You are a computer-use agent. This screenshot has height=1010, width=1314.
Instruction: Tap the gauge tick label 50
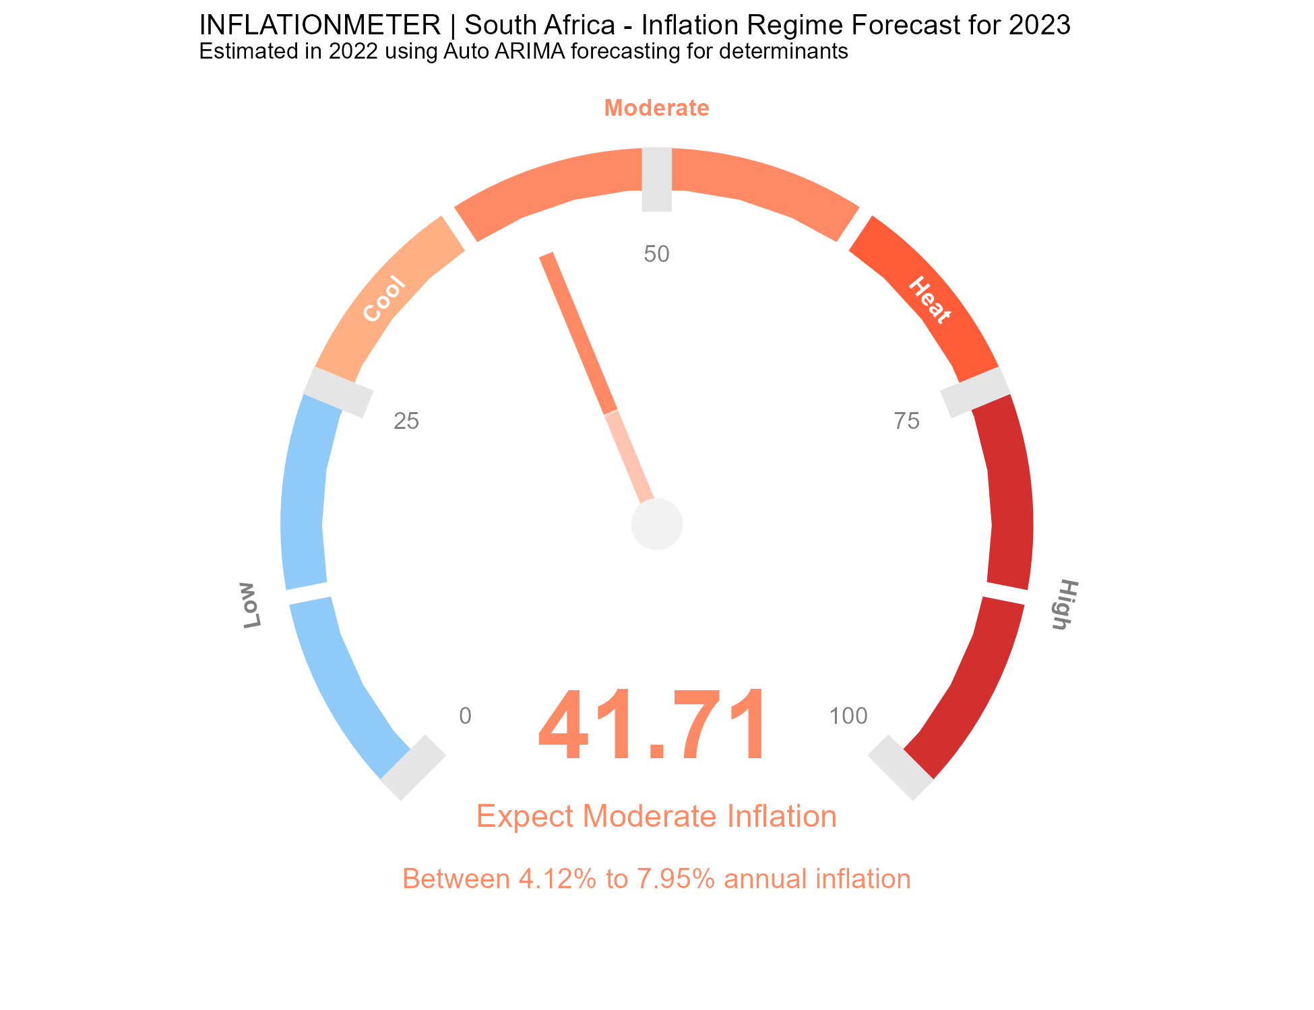tap(656, 255)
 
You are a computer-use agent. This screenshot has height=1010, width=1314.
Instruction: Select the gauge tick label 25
tap(406, 422)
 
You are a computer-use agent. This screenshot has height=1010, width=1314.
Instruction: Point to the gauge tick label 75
tap(906, 422)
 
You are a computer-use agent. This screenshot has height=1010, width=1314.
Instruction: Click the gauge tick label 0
tap(465, 716)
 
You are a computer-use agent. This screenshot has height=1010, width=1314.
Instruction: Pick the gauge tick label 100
tap(848, 716)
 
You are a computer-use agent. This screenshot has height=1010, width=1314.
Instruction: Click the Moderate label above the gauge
tap(656, 108)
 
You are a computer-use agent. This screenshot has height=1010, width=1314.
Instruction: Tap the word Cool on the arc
tap(385, 300)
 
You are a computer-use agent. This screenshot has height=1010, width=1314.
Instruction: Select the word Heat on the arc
tap(930, 300)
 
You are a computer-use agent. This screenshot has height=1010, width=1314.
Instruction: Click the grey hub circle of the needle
tap(657, 524)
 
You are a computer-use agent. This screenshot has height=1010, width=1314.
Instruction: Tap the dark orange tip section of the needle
tap(578, 333)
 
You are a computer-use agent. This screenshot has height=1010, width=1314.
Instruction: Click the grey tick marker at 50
tap(656, 180)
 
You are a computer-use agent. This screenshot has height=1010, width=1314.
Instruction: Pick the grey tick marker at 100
tap(901, 768)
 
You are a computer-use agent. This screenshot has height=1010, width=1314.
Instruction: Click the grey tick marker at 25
tap(339, 392)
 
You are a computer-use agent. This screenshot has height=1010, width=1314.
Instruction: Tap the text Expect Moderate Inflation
tap(656, 817)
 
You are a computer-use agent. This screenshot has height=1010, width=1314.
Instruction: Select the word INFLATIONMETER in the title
tap(320, 26)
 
